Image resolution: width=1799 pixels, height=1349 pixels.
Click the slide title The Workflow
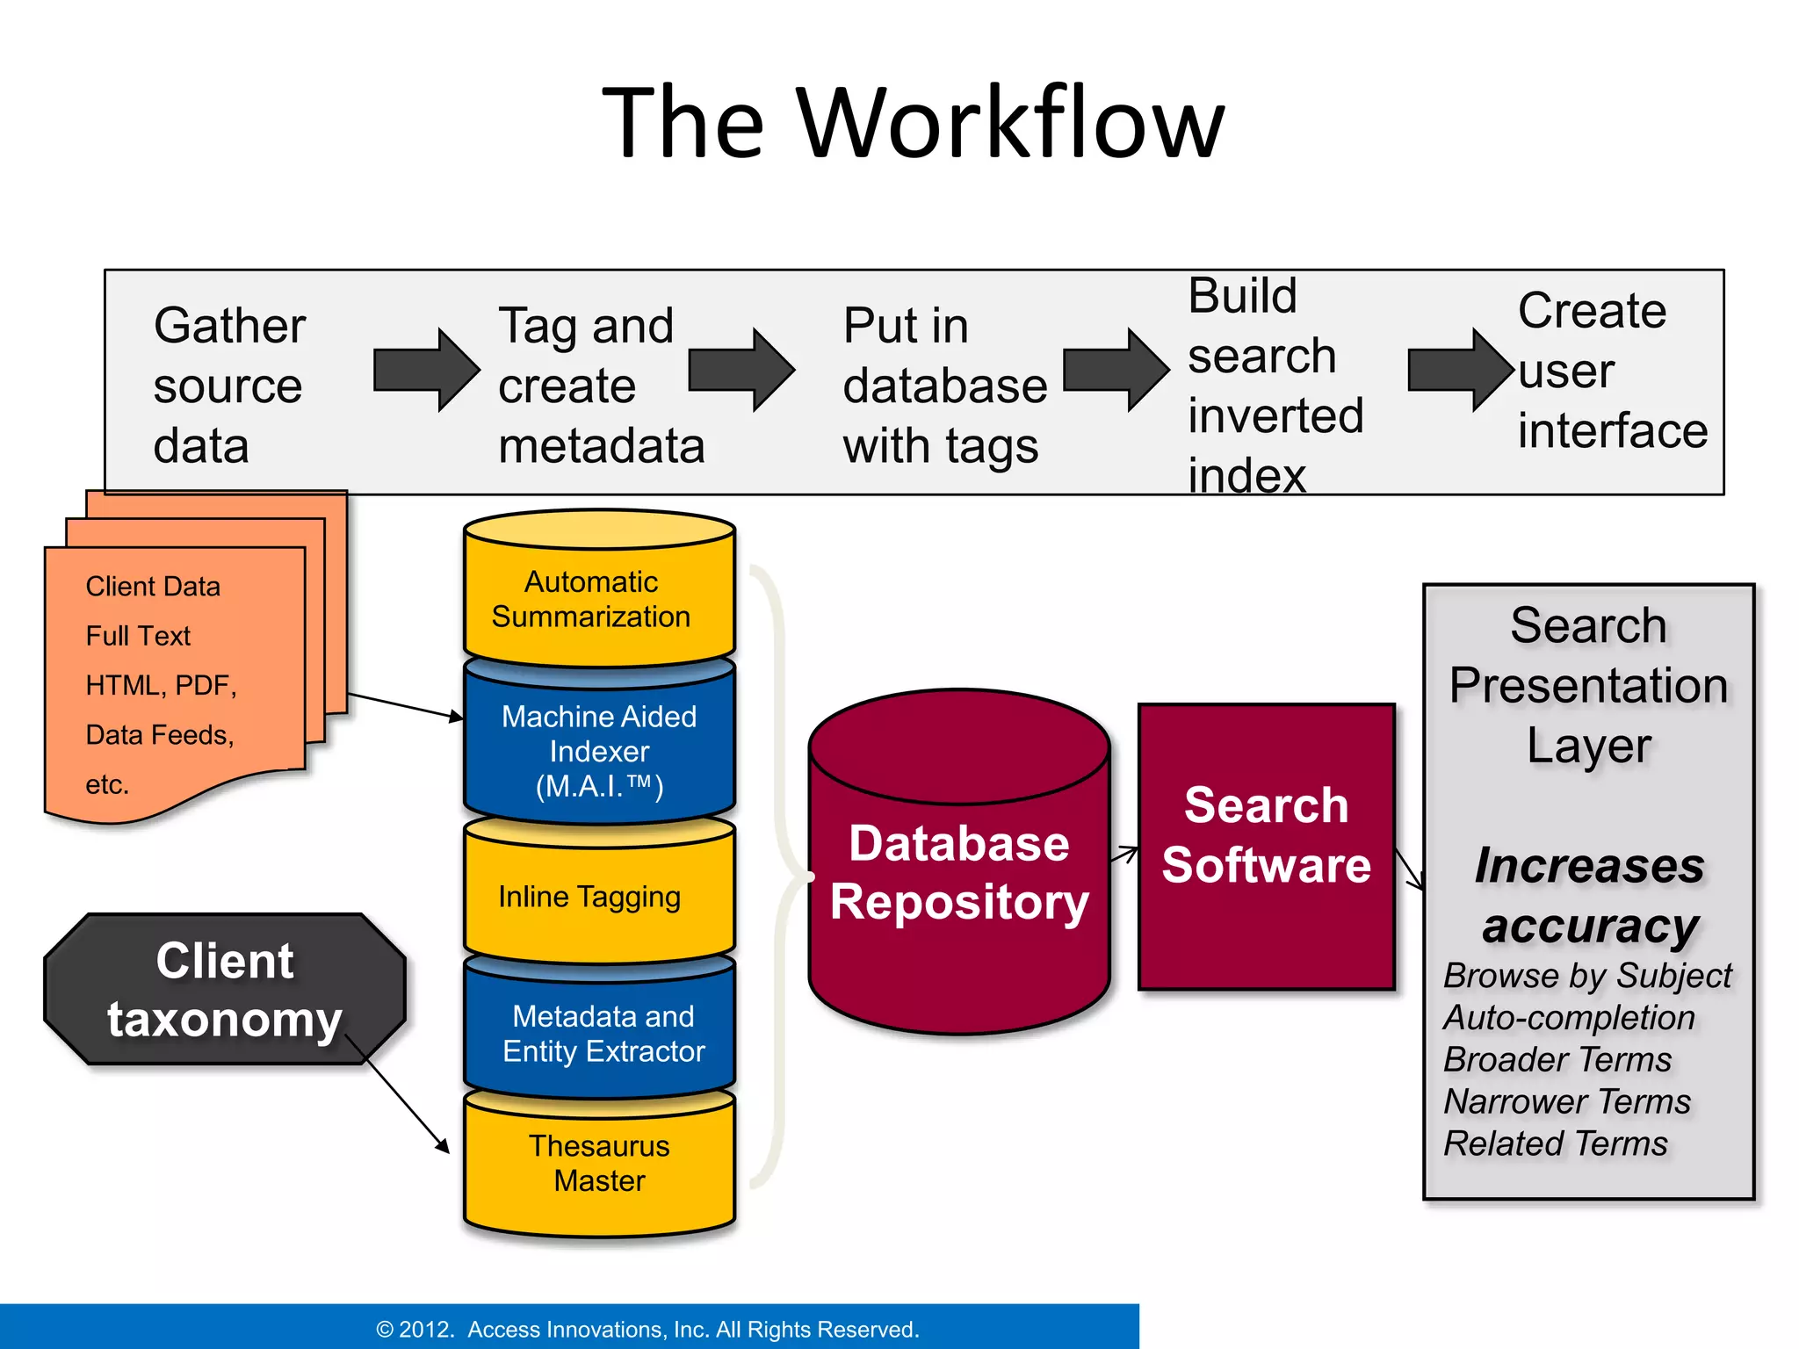[913, 123]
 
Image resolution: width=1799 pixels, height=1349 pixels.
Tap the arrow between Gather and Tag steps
[426, 370]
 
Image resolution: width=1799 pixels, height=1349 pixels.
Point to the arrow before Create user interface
[1459, 370]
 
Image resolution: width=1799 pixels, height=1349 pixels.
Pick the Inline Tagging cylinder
[599, 897]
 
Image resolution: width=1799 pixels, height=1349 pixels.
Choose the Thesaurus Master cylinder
[599, 1164]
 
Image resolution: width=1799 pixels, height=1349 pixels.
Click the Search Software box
[1266, 835]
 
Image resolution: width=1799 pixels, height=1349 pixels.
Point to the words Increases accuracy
[1590, 896]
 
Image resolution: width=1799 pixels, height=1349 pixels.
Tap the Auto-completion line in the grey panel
[1569, 1018]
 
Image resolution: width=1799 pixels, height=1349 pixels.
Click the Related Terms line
[1555, 1143]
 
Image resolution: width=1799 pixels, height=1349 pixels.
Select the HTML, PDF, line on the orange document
[161, 685]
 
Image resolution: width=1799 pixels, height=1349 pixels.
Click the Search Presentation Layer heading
[1588, 685]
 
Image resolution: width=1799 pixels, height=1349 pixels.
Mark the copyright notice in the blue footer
[647, 1329]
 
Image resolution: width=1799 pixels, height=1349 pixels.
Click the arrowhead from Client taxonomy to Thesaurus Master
[444, 1146]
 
